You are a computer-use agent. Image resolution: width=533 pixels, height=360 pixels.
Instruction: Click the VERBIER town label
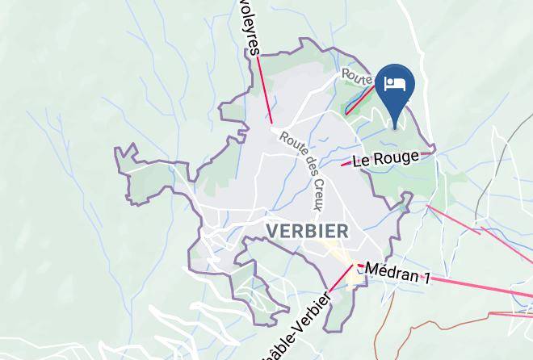[x=307, y=232]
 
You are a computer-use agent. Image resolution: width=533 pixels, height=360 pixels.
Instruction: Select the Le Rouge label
[x=386, y=158]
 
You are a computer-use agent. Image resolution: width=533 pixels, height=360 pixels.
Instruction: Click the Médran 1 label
[x=397, y=273]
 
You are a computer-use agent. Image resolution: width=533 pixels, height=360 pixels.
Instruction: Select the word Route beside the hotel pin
[x=356, y=76]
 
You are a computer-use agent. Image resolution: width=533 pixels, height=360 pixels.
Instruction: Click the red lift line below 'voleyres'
[x=264, y=89]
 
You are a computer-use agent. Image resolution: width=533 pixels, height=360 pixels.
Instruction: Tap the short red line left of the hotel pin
[x=360, y=100]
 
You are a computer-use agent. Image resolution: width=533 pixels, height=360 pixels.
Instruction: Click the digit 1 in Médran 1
[x=425, y=279]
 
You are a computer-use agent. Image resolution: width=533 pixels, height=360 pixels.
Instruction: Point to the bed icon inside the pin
[x=394, y=83]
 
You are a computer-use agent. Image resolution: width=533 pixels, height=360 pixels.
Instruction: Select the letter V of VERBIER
[x=272, y=232]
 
